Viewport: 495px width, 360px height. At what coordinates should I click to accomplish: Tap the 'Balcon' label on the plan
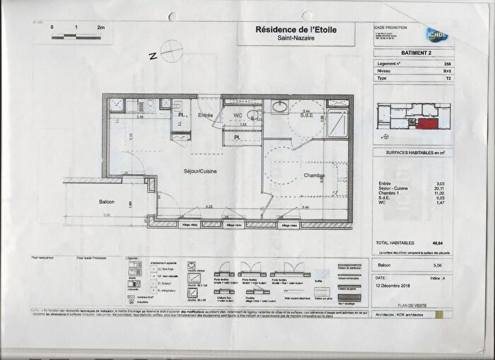click(x=107, y=202)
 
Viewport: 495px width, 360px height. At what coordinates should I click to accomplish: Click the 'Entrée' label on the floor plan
click(x=205, y=115)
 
